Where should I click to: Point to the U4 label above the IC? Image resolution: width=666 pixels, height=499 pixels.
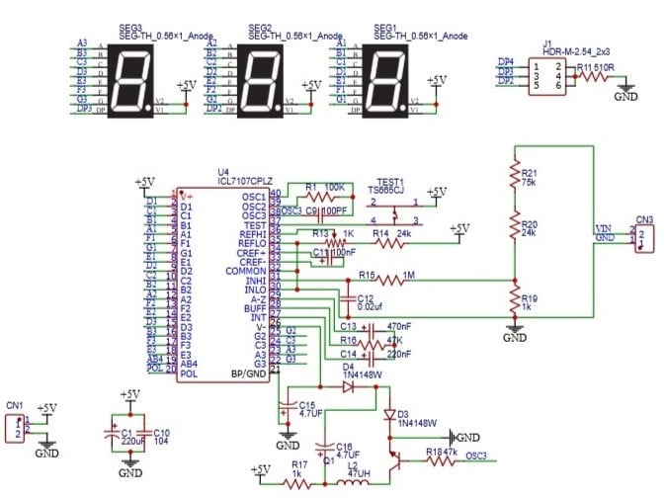point(224,171)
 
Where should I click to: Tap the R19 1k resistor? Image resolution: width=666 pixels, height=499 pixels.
point(515,299)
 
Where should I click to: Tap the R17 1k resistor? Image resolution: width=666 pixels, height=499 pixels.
point(297,484)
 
